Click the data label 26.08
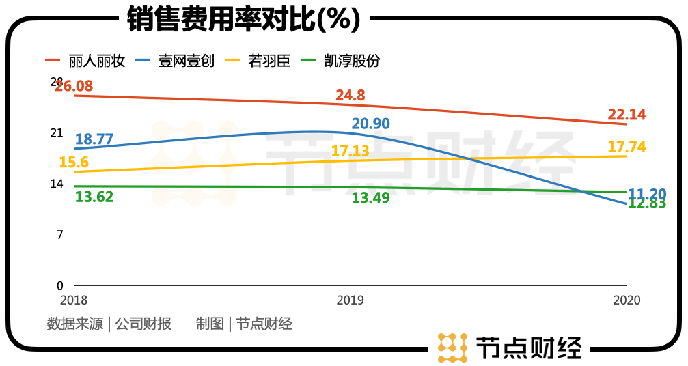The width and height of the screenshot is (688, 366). [74, 87]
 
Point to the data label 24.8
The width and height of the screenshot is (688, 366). [350, 96]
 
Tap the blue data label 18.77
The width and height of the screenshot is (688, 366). [94, 139]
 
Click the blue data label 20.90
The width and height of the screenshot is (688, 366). [370, 124]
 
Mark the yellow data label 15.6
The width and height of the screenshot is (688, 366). [74, 163]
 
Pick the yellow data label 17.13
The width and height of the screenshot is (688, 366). [350, 151]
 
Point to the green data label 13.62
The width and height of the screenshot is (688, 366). [94, 197]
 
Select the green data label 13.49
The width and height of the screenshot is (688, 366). [371, 197]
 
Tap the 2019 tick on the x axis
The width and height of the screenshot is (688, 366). [350, 300]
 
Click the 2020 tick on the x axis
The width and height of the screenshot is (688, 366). [627, 300]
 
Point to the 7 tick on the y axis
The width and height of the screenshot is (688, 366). [59, 235]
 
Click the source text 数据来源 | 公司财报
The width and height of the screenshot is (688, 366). [109, 324]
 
